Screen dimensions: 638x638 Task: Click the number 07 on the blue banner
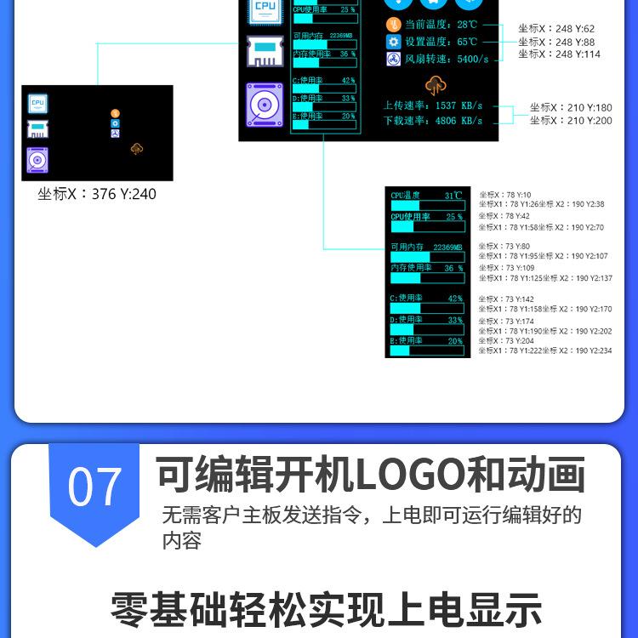point(94,488)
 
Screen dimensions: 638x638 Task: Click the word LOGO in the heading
point(409,475)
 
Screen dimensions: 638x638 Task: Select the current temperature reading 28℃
point(467,25)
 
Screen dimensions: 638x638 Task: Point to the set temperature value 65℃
point(467,42)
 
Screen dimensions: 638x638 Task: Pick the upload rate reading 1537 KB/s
point(459,106)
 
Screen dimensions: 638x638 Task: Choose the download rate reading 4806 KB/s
point(459,121)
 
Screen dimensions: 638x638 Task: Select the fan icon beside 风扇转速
point(392,60)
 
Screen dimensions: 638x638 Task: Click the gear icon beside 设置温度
point(392,42)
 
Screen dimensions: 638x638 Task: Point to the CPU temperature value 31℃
point(453,196)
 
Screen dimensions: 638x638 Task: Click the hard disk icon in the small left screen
point(37,160)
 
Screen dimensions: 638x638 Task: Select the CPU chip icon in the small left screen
point(37,103)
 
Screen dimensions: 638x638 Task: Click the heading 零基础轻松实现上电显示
point(326,610)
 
